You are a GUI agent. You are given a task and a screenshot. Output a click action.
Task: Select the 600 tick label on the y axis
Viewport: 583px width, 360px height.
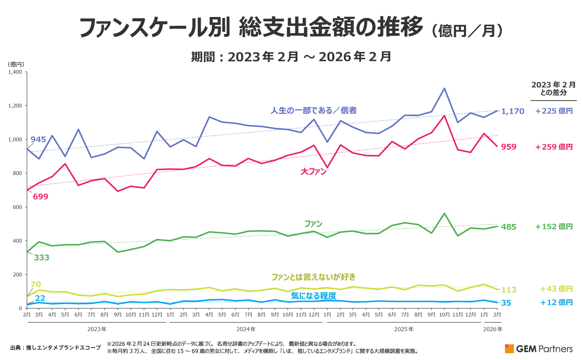17,207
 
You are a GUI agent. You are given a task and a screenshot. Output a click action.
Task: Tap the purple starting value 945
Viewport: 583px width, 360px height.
38,140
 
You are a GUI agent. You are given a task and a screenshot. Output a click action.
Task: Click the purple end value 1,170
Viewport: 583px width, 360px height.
513,111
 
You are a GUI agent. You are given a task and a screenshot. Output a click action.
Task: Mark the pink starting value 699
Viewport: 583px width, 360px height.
40,197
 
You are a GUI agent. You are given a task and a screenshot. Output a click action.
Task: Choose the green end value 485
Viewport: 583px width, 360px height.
509,227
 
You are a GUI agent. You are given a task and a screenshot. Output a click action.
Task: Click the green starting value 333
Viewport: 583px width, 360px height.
42,257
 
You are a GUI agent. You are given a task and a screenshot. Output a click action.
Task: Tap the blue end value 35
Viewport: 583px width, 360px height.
506,303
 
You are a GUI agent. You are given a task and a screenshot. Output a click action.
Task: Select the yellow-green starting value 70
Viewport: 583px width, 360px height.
35,284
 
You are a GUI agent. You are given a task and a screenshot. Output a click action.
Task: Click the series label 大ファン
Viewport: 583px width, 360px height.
313,171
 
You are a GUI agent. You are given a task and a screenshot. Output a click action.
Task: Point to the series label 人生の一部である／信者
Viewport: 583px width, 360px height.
313,110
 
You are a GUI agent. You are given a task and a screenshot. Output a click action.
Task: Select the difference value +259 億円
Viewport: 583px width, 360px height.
554,147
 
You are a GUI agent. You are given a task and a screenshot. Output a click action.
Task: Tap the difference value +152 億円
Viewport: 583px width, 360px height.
554,227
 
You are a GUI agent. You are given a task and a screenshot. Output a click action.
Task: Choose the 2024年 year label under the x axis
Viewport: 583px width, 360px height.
246,329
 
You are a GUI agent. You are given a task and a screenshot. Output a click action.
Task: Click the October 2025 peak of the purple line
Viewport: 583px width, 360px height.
444,88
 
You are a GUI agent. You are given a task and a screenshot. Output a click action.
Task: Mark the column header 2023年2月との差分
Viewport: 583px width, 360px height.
553,88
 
